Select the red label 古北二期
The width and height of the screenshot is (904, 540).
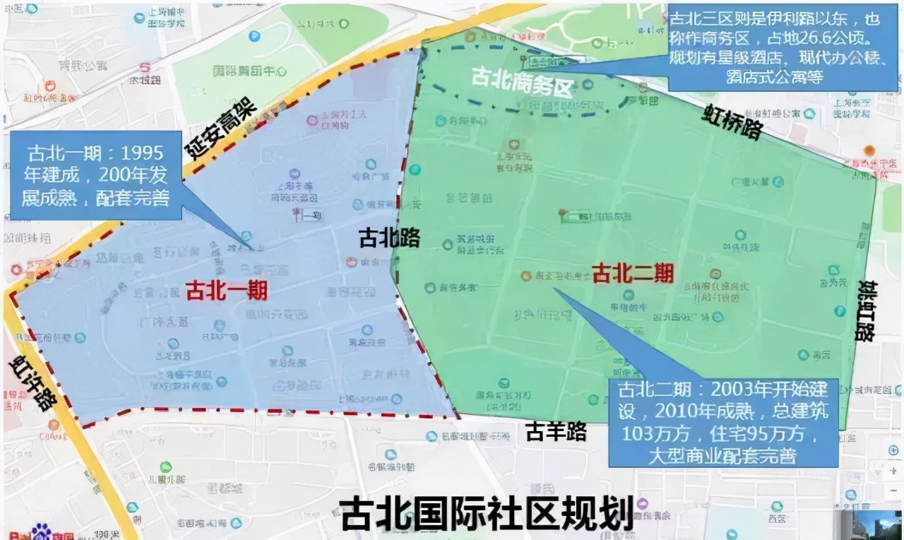pyautogui.click(x=632, y=272)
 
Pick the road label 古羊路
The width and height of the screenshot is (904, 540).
pyautogui.click(x=557, y=430)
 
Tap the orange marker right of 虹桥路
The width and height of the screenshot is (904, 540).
pyautogui.click(x=869, y=150)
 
